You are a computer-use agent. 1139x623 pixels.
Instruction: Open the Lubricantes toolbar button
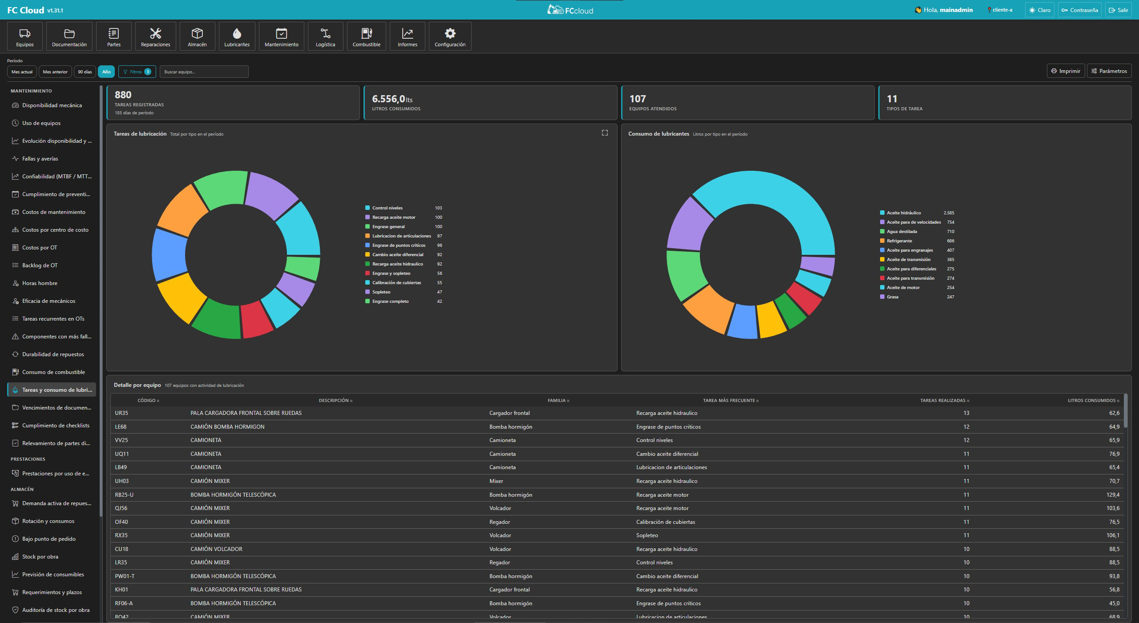pyautogui.click(x=237, y=36)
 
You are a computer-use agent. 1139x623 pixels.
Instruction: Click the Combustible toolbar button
pyautogui.click(x=366, y=36)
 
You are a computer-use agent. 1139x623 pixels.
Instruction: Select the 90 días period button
pyautogui.click(x=85, y=72)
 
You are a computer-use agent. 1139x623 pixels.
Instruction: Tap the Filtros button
pyautogui.click(x=137, y=72)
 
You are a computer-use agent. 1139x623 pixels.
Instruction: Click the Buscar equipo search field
pyautogui.click(x=204, y=72)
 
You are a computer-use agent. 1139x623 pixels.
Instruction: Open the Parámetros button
pyautogui.click(x=1109, y=71)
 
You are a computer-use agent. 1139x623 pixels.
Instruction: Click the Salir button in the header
pyautogui.click(x=1119, y=10)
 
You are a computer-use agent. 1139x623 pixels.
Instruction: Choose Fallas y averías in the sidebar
pyautogui.click(x=40, y=159)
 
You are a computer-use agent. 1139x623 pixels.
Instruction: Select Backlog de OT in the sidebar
pyautogui.click(x=40, y=265)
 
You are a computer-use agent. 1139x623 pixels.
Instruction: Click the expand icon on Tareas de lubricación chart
pyautogui.click(x=605, y=133)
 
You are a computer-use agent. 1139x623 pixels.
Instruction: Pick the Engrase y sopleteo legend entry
pyautogui.click(x=391, y=273)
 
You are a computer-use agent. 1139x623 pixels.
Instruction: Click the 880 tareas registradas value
pyautogui.click(x=123, y=95)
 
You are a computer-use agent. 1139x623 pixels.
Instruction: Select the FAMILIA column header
pyautogui.click(x=557, y=401)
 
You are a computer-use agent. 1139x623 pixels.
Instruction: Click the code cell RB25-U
pyautogui.click(x=124, y=495)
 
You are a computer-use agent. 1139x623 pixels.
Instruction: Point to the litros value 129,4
pyautogui.click(x=1113, y=495)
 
